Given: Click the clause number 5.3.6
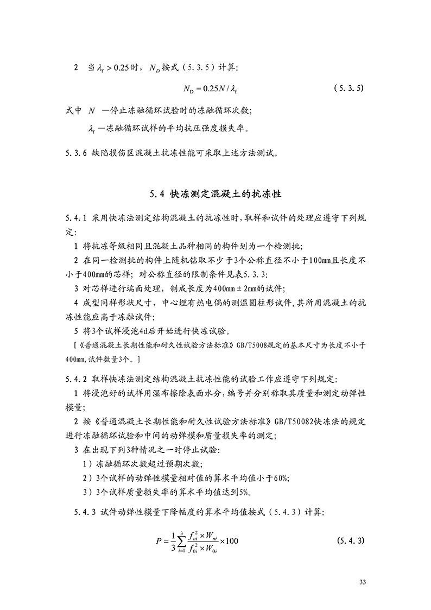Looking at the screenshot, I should click(76, 153).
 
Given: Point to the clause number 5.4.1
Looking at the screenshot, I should click(76, 218).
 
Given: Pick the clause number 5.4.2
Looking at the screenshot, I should click(76, 378).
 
